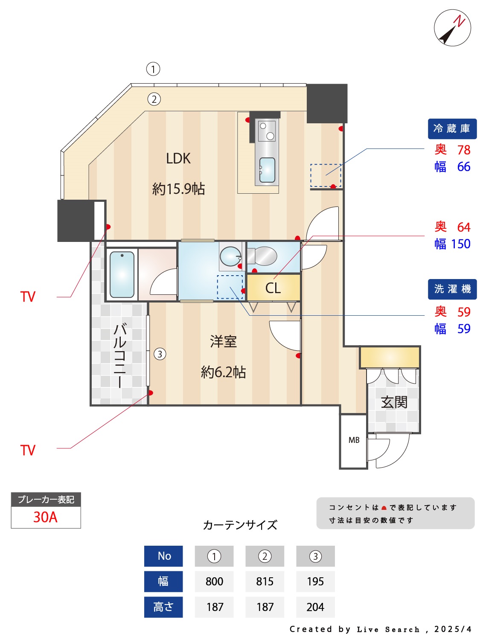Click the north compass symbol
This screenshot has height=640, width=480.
tap(452, 28)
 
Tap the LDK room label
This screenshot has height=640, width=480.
tap(178, 159)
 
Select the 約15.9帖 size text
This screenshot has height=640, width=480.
tap(178, 189)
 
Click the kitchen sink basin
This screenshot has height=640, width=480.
tap(267, 170)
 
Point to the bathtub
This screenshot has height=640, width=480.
tap(122, 274)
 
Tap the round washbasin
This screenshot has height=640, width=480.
tap(230, 256)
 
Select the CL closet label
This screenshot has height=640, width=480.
tap(273, 288)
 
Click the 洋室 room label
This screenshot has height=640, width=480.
tap(223, 342)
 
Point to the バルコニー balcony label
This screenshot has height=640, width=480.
tap(120, 355)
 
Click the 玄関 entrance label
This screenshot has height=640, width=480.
tap(394, 402)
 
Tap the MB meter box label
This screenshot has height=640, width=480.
tap(354, 440)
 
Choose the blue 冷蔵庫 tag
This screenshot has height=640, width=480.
tap(452, 129)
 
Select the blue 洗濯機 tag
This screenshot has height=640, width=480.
tap(452, 289)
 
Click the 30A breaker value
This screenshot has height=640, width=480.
tap(46, 517)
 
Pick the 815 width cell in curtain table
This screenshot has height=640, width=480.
tap(265, 582)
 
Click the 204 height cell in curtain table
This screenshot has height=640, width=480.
tap(315, 607)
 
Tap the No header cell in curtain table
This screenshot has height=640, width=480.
tap(164, 556)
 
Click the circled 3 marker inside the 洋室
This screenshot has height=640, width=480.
tap(160, 354)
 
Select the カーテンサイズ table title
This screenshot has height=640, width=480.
tap(240, 525)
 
